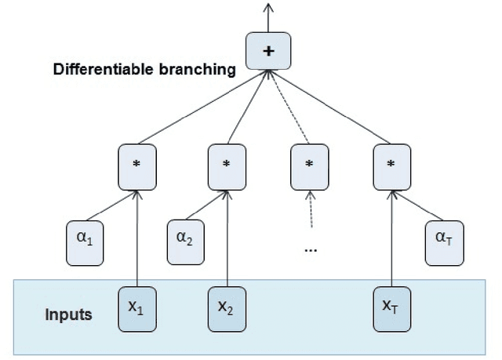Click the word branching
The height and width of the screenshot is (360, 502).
coord(197,70)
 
